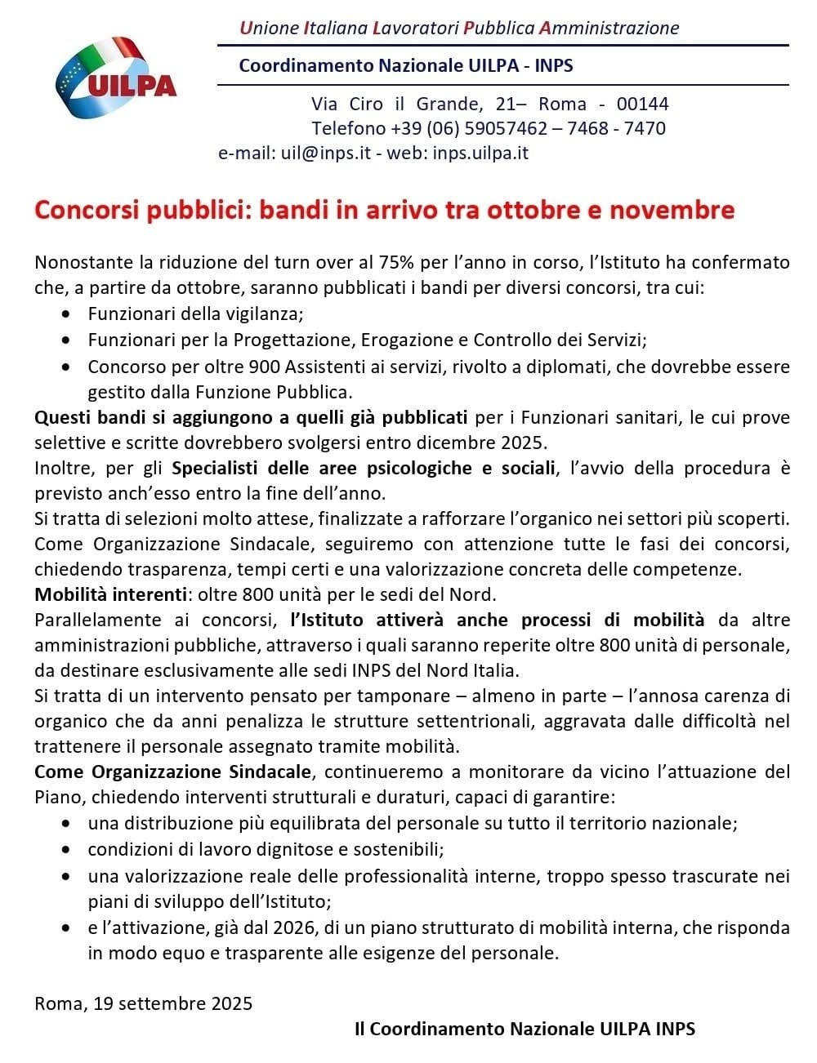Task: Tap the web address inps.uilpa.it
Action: [x=480, y=153]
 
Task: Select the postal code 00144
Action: [x=642, y=105]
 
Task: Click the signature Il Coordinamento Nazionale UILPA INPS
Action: [x=525, y=1030]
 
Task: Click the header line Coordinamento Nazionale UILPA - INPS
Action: [x=405, y=65]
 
